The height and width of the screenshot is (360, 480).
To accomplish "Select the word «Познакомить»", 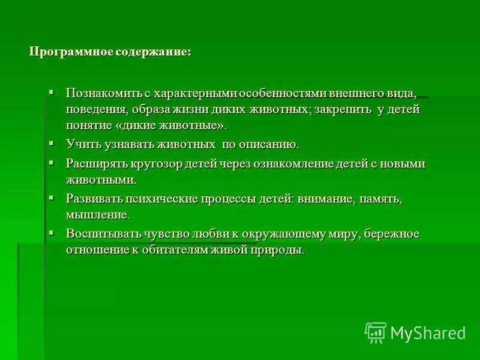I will click(x=104, y=94).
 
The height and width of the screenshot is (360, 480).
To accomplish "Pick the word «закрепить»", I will click(x=342, y=110).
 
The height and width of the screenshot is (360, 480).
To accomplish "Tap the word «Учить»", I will click(x=82, y=145).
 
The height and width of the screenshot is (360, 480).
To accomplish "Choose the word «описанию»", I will click(x=268, y=145).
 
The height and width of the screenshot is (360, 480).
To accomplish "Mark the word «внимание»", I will click(x=326, y=199).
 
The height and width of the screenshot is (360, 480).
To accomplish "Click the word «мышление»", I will click(x=97, y=214).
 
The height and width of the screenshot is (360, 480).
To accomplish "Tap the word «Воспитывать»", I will click(x=103, y=233).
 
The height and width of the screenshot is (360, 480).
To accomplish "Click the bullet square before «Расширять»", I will click(x=52, y=163).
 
